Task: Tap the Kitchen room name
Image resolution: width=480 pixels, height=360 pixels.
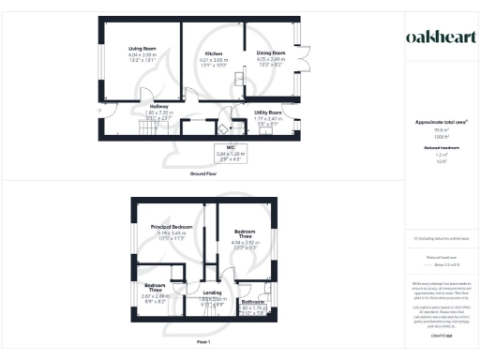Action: pos(214,54)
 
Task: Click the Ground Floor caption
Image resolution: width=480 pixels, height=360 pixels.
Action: pos(204,173)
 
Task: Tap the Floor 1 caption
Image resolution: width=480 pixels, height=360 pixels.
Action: pos(204,344)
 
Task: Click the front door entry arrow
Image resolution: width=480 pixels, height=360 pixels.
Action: pos(99,110)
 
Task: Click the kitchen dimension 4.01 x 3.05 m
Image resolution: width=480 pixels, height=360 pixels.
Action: pos(214,60)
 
